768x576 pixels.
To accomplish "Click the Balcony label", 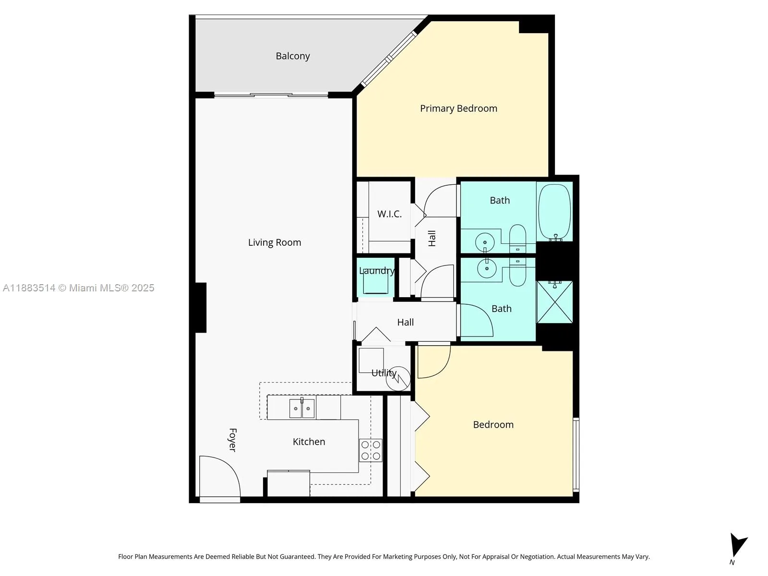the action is click(292, 56).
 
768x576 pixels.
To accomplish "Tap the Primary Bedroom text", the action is click(458, 108).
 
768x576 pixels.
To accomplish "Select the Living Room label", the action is click(274, 242).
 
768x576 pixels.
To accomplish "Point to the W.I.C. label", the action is click(389, 214).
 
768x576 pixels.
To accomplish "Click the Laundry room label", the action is click(377, 271).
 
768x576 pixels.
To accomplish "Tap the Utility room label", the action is click(384, 373).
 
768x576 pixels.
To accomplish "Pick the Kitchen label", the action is click(309, 442).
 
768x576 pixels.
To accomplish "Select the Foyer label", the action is click(233, 440).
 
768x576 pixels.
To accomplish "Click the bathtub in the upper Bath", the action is click(555, 212).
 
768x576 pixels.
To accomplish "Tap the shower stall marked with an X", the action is click(554, 302).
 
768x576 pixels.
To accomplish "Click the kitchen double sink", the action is click(301, 408).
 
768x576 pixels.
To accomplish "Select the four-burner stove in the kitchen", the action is click(371, 450).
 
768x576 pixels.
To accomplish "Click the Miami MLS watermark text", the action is click(78, 288).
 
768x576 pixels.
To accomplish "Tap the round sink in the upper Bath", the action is click(485, 242).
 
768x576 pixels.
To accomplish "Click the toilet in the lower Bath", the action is click(517, 273).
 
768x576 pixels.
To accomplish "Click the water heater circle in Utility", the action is click(398, 378).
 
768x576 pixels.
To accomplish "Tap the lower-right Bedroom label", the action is click(493, 425).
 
